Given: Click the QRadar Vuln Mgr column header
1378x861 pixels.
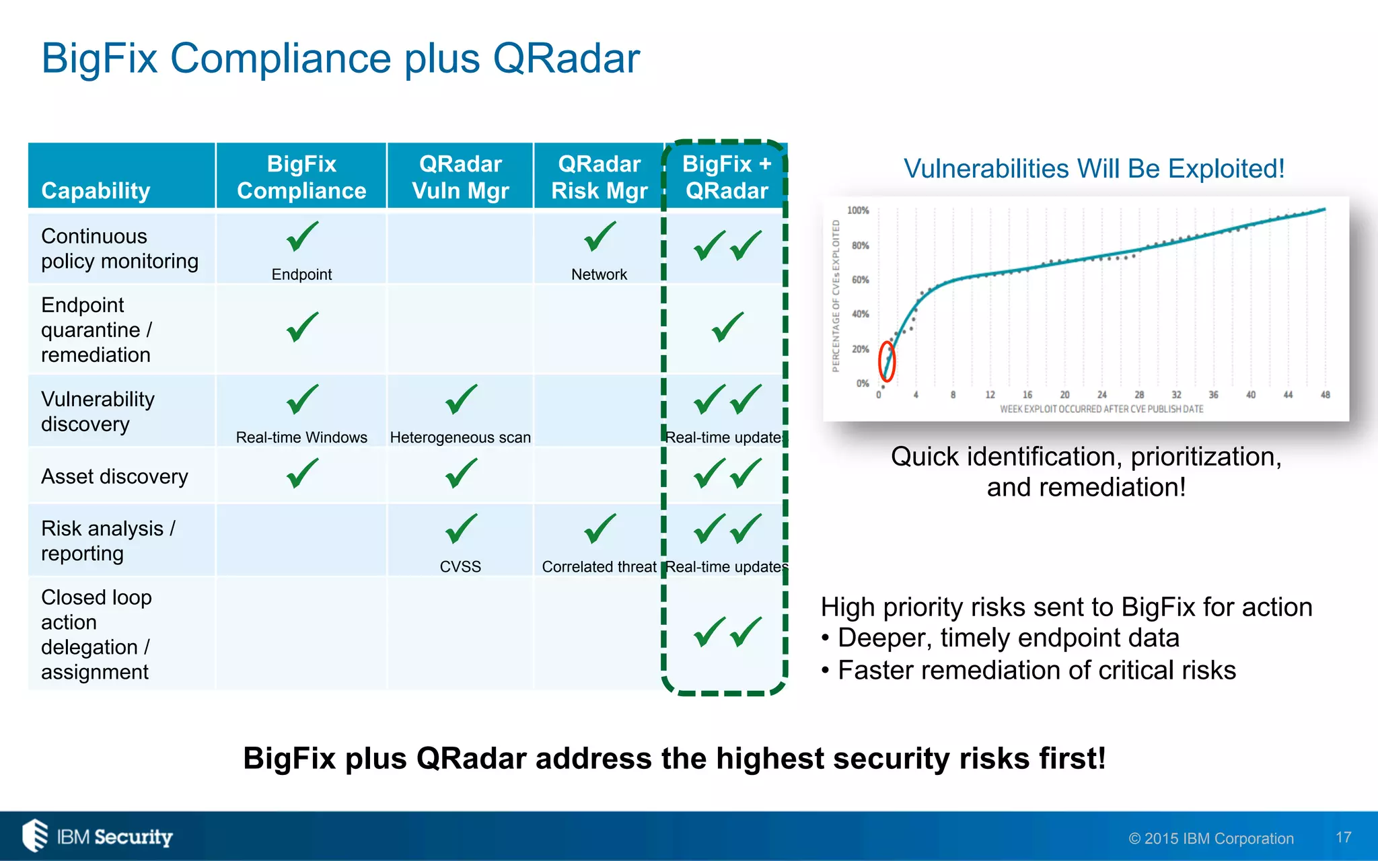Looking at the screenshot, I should [460, 177].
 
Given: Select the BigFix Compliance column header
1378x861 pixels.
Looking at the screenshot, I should [301, 177].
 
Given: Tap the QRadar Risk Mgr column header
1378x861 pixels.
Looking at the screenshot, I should [599, 177].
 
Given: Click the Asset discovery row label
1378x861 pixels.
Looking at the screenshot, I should [114, 476].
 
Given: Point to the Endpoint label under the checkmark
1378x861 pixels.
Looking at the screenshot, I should [301, 274].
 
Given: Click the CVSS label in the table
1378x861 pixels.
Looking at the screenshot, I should [460, 567].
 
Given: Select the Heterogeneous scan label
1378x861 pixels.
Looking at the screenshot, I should [460, 438].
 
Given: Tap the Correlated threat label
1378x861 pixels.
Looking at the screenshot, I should [599, 567].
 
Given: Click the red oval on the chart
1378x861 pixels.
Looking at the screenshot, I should [887, 361].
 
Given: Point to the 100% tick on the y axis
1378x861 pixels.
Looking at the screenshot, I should [858, 211].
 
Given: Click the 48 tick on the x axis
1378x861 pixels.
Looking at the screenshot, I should [1325, 395].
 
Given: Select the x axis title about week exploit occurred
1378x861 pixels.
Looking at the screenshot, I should [1101, 409].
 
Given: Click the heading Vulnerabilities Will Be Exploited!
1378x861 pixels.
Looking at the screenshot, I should [1094, 169].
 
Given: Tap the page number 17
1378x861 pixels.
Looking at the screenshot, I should [1343, 837].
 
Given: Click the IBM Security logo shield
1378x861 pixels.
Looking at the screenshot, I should [35, 835].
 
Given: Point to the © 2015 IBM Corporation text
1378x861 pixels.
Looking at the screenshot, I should [1211, 839].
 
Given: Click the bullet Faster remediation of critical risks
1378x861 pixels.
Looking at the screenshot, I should [1036, 671].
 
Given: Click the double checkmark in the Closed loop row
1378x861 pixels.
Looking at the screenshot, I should [727, 632].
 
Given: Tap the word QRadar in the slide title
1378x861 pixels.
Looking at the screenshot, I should [566, 59].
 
